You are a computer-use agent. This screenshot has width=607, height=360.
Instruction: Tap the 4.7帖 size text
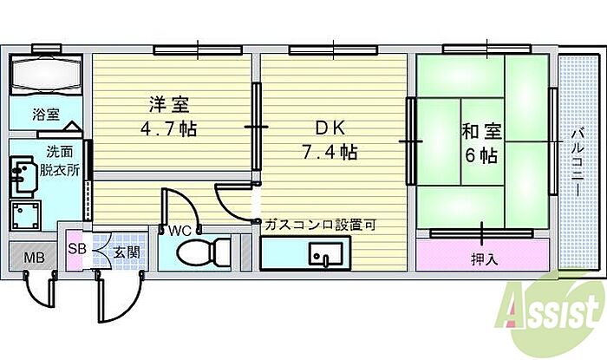click(170, 130)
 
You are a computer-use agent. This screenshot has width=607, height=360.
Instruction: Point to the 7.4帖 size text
click(331, 153)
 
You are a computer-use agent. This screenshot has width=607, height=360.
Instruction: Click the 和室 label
click(480, 134)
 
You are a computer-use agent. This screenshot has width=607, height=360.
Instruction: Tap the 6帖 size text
click(480, 156)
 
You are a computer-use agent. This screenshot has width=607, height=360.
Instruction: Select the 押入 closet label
click(484, 258)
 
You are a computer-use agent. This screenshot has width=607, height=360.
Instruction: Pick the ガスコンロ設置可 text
click(321, 224)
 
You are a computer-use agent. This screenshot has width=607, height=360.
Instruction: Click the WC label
click(179, 231)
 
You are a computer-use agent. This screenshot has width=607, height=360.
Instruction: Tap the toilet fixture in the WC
click(201, 254)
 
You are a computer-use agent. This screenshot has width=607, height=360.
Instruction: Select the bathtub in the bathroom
click(46, 75)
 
